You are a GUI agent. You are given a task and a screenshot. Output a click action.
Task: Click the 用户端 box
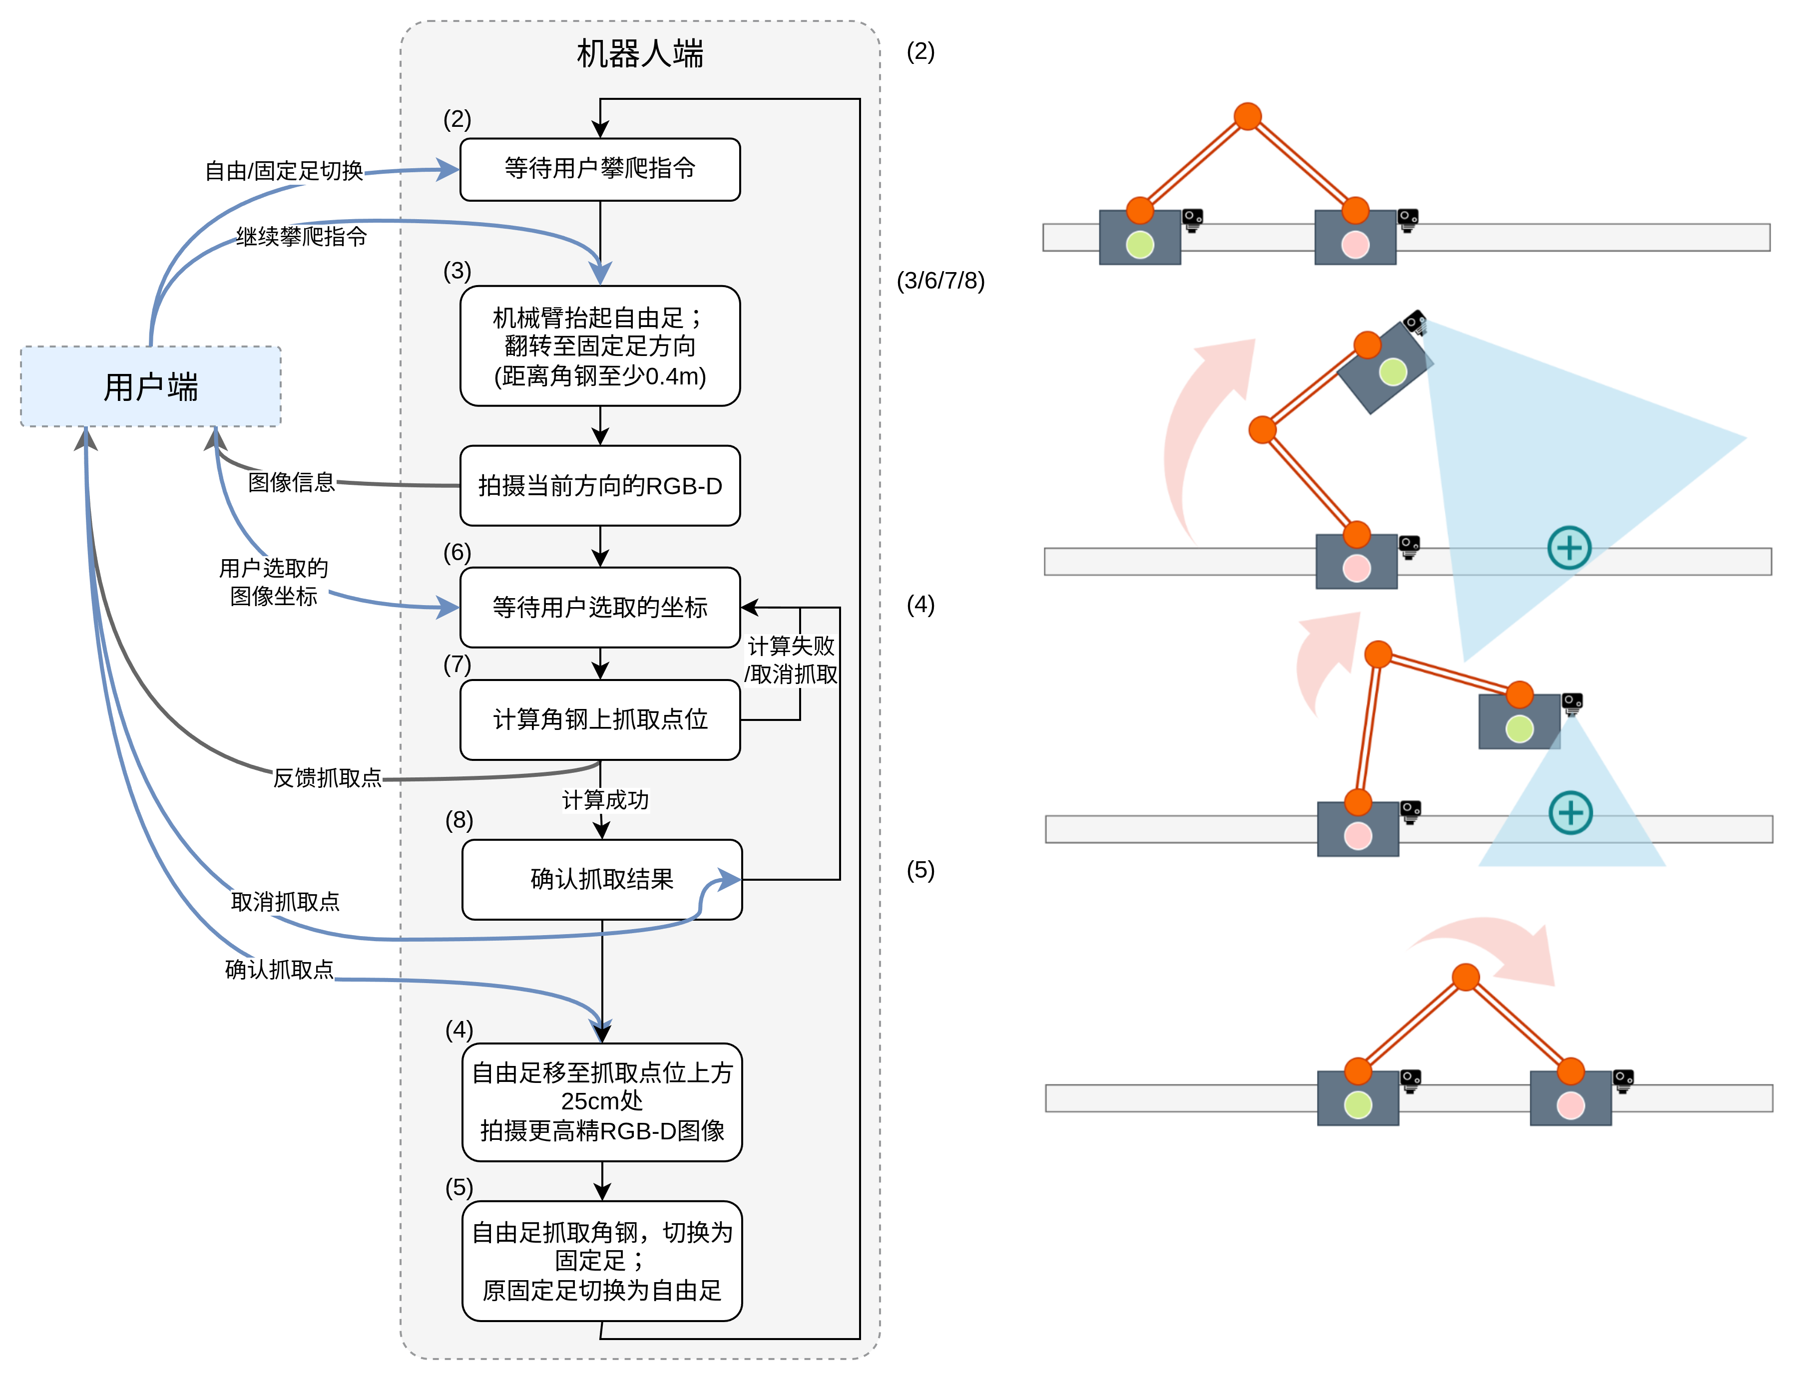pyautogui.click(x=150, y=386)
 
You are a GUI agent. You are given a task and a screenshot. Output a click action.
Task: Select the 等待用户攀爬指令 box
pyautogui.click(x=600, y=169)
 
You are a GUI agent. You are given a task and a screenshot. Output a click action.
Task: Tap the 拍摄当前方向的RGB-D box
pyautogui.click(x=600, y=485)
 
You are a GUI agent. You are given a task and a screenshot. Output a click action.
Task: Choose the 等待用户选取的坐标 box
pyautogui.click(x=600, y=607)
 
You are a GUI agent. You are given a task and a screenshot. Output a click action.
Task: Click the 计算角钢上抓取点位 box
pyautogui.click(x=600, y=719)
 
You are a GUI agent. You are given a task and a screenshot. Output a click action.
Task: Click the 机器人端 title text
pyautogui.click(x=640, y=54)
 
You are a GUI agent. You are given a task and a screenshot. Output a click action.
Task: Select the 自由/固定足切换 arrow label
pyautogui.click(x=284, y=171)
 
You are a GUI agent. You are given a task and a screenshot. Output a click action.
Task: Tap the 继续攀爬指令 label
pyautogui.click(x=302, y=237)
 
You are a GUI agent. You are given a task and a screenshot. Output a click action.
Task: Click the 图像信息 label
pyautogui.click(x=292, y=482)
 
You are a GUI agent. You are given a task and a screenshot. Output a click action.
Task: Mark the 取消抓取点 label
pyautogui.click(x=285, y=902)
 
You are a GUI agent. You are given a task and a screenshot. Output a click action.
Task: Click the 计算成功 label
pyautogui.click(x=605, y=799)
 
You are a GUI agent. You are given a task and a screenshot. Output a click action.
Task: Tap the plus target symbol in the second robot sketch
pyautogui.click(x=1569, y=548)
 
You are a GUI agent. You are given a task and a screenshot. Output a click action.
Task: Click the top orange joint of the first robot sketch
pyautogui.click(x=1247, y=116)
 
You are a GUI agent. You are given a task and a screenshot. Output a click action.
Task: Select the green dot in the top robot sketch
pyautogui.click(x=1140, y=244)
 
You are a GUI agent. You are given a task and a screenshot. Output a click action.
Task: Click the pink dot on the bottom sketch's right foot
pyautogui.click(x=1570, y=1105)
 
